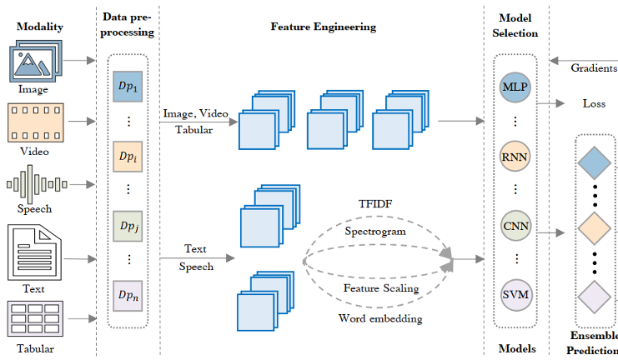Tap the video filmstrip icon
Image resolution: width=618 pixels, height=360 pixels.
click(x=35, y=123)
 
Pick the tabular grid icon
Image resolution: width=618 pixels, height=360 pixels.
click(x=35, y=317)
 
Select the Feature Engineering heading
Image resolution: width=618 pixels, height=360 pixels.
click(x=323, y=27)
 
